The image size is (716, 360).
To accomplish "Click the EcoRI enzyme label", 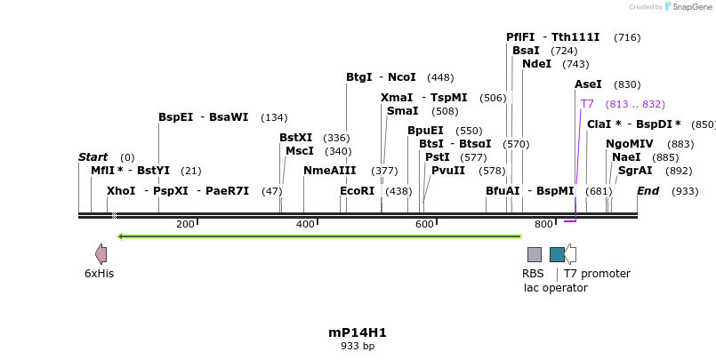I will [x=357, y=191].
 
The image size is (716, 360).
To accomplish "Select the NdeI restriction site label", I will [x=536, y=64].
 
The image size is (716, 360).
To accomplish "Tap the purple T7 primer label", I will [x=587, y=104].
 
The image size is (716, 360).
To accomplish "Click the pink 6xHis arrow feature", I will [x=101, y=254].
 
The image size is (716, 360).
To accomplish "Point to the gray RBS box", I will [x=534, y=254].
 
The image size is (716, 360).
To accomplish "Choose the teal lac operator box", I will [x=557, y=254].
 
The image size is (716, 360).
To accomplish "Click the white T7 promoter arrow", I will [x=570, y=254].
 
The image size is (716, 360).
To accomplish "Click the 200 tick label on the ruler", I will [x=185, y=224].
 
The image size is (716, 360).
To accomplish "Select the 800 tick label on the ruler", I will [x=543, y=224].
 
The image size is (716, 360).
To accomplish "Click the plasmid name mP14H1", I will [x=358, y=332].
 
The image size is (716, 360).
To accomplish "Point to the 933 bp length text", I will [x=358, y=346].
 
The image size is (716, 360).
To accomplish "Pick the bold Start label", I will [x=93, y=157].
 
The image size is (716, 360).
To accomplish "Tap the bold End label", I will [x=648, y=191].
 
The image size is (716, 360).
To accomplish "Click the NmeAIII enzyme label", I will [x=329, y=171].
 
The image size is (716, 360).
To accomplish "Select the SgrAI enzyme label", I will [x=635, y=171].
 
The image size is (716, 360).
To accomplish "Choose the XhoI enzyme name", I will [x=121, y=191].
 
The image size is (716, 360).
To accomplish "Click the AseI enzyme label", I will [x=588, y=84].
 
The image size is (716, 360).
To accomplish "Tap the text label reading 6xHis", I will [x=99, y=274].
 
